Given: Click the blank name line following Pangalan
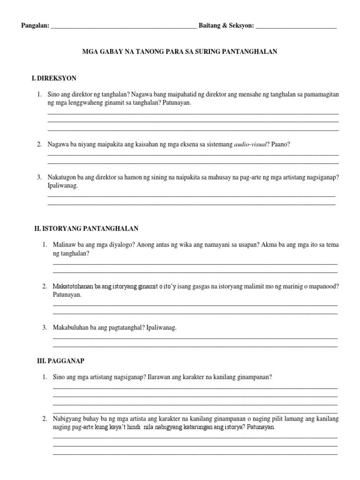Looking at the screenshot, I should pos(124,27).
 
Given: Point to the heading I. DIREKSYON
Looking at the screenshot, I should pos(54,78).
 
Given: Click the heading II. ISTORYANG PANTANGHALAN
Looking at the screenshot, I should pos(86,229).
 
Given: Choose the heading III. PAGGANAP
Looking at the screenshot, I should pos(60,361).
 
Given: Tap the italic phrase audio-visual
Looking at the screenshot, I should pos(252,144).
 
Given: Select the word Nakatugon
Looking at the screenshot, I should pos(62,178).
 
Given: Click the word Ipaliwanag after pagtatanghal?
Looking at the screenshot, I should pos(161,328).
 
